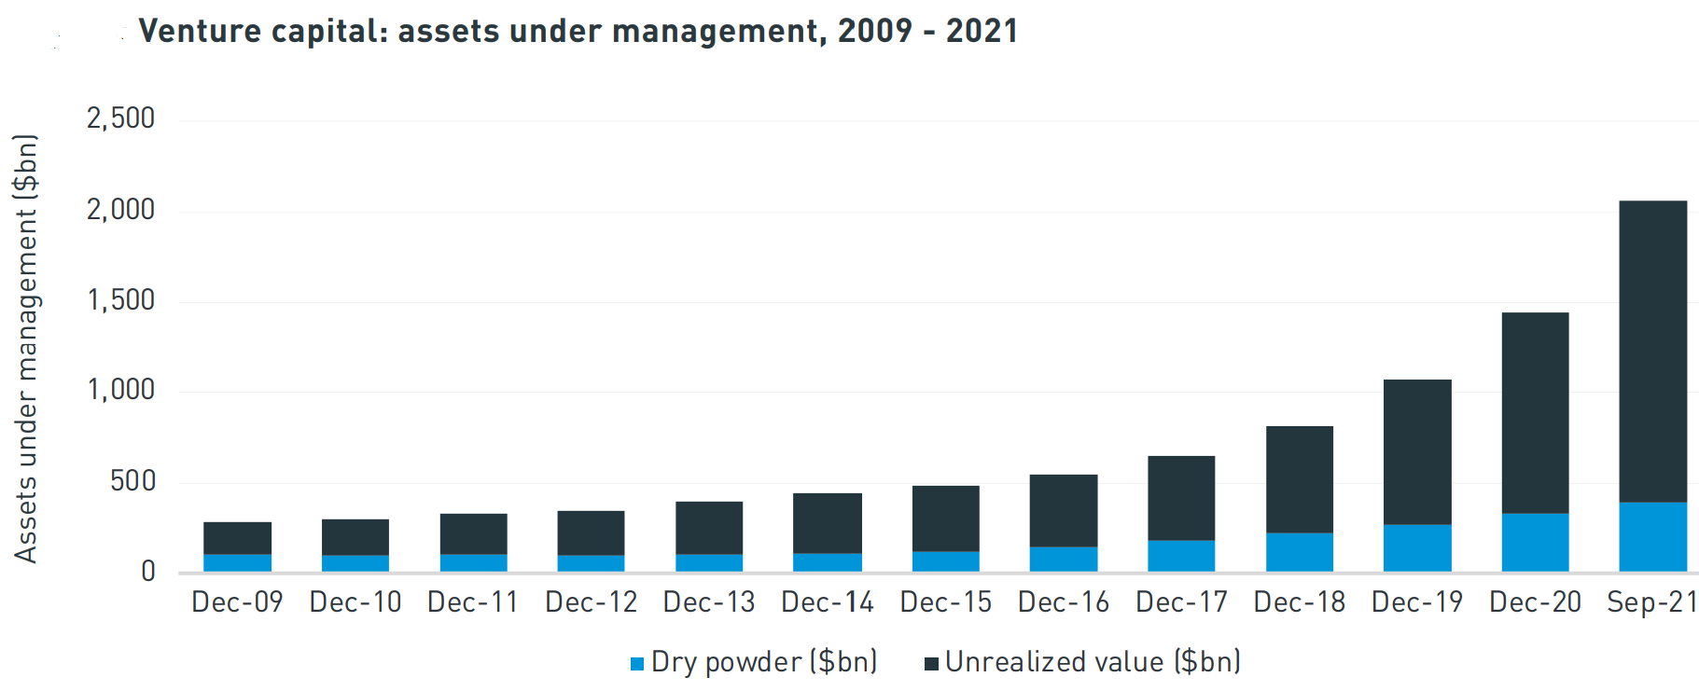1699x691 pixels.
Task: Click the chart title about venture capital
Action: [x=578, y=31]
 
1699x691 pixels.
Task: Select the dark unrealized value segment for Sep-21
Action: [x=1652, y=352]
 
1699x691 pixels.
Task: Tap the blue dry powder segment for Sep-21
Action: [x=1652, y=537]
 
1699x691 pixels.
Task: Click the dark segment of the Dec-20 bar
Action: [x=1535, y=413]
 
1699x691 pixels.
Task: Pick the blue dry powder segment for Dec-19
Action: [x=1417, y=548]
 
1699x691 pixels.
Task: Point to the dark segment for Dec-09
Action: [x=237, y=538]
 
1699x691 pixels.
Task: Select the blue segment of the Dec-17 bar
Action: [x=1181, y=556]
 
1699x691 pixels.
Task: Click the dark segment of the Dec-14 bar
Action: [x=828, y=523]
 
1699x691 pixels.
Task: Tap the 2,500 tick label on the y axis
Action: [x=120, y=118]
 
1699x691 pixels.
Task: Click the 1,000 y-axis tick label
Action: [x=120, y=390]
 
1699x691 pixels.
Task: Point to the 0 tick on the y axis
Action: [x=147, y=571]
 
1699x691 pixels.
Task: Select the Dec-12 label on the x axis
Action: [x=591, y=602]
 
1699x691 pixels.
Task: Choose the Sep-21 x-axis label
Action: [x=1651, y=602]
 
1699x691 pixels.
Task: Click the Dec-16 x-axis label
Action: [x=1064, y=602]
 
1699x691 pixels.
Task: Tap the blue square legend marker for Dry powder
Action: [x=637, y=664]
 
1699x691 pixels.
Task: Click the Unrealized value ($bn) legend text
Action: [x=1093, y=662]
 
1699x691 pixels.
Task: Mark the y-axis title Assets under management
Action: [x=25, y=348]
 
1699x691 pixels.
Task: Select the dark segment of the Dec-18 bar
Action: [x=1299, y=479]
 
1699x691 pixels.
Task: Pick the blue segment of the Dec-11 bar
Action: [x=473, y=562]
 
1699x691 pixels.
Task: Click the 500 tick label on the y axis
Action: [x=132, y=481]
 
